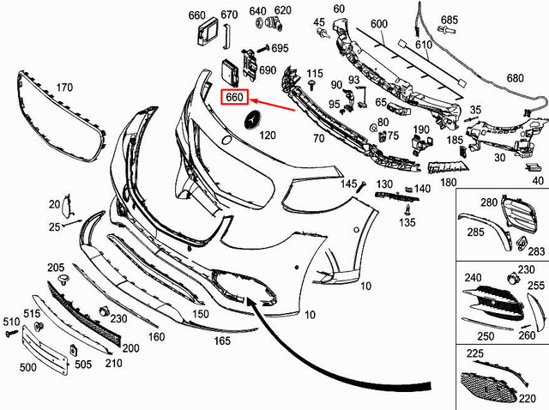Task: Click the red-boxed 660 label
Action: [x=235, y=97]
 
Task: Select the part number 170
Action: [x=63, y=87]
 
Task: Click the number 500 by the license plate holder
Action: [x=27, y=366]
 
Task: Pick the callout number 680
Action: [x=514, y=78]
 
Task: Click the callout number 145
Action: [x=347, y=184]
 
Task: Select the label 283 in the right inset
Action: [x=536, y=251]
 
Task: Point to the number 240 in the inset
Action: [x=474, y=279]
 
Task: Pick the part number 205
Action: [x=55, y=268]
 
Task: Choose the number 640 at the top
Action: [x=257, y=11]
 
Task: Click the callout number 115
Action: [x=315, y=73]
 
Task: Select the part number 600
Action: [x=378, y=24]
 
